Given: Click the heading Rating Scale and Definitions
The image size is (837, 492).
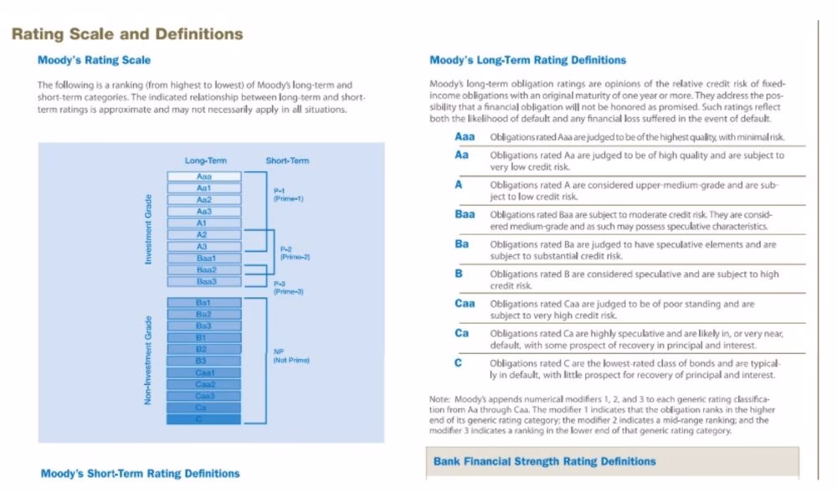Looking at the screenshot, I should [126, 34].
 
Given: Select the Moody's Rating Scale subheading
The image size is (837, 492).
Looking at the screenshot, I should [94, 60].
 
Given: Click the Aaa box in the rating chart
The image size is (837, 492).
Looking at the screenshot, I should [204, 177].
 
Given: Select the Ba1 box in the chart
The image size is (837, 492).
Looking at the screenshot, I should [203, 302].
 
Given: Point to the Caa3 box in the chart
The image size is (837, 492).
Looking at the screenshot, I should [205, 396].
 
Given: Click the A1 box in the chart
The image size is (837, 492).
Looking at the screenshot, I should [202, 223].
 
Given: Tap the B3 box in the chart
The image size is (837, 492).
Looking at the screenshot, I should [201, 361].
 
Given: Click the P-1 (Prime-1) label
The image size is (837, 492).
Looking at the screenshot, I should [288, 194].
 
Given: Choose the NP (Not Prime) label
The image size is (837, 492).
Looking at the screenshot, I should [290, 356].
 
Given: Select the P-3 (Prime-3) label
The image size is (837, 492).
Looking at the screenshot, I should [289, 287].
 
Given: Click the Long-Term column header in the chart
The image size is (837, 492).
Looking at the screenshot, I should [205, 161].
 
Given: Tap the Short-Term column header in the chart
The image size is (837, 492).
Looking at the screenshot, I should [287, 161].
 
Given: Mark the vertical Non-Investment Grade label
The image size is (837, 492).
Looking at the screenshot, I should [149, 360].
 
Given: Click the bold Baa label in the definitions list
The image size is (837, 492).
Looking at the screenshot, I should [465, 214].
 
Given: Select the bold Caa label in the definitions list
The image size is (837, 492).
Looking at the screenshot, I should [465, 303].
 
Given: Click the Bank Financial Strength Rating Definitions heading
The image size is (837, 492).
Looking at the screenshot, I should [544, 461].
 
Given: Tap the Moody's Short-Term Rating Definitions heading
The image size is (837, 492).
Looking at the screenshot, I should [140, 474].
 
